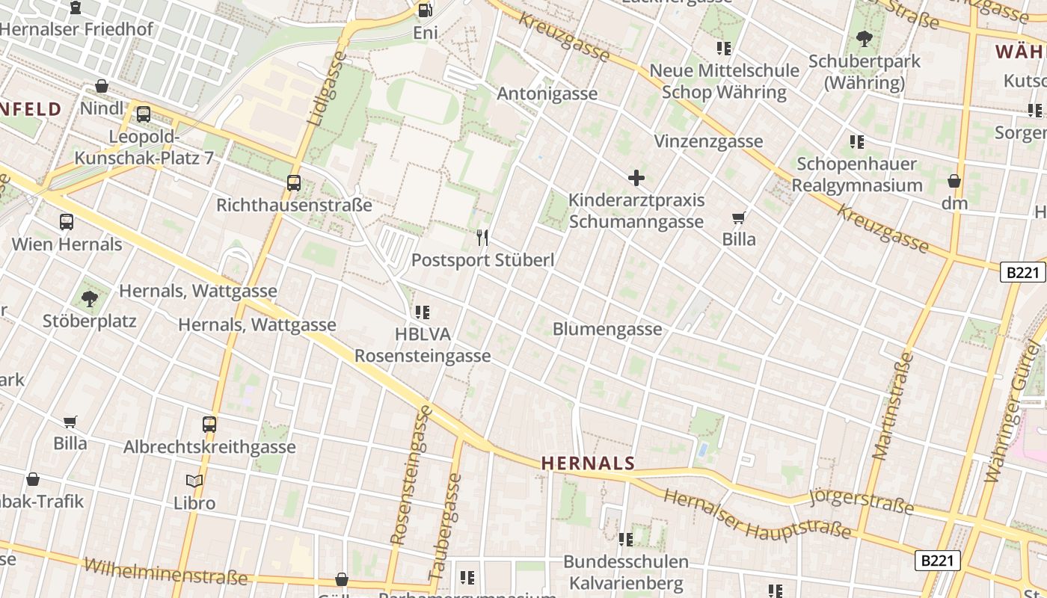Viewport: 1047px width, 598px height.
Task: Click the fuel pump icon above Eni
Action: point(425,10)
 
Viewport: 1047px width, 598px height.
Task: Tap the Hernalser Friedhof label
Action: point(77,29)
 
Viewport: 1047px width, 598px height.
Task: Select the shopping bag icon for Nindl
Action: point(102,87)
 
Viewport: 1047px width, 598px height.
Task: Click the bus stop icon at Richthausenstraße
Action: point(294,183)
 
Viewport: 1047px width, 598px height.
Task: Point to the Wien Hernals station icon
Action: point(67,222)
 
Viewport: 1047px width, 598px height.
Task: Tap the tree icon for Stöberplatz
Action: point(90,299)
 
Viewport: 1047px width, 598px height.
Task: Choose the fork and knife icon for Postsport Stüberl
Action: point(482,238)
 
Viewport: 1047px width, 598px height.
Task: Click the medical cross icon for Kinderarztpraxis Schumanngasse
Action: point(636,178)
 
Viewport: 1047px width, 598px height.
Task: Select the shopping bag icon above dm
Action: point(954,181)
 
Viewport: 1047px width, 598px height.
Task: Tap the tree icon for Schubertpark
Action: point(865,39)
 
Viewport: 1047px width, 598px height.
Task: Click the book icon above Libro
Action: point(194,481)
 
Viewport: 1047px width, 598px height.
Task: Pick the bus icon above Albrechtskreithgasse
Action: point(209,425)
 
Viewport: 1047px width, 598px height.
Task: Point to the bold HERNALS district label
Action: point(588,463)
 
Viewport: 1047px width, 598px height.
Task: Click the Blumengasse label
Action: point(607,329)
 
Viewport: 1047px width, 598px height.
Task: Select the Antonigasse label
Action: point(547,93)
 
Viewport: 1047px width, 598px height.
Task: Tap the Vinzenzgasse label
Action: point(708,141)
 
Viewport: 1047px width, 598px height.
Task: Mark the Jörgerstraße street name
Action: point(862,502)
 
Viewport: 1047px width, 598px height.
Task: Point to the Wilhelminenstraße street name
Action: point(165,572)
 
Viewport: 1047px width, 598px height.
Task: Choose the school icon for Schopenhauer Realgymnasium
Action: point(857,141)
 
